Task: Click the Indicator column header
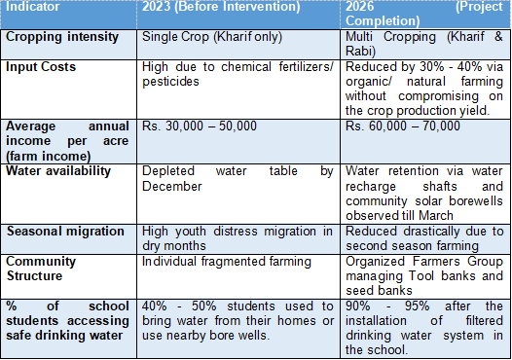33,7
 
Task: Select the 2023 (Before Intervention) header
221,7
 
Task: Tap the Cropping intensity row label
62,37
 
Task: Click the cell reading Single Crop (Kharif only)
212,37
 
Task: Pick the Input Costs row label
41,67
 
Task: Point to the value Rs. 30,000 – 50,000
200,126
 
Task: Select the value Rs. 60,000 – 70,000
403,126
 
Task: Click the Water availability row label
58,171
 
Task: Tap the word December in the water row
172,187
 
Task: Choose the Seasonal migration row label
65,232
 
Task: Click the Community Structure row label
41,269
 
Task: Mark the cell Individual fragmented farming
227,262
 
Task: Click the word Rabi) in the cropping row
360,52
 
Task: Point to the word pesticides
170,82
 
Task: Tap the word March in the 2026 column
436,216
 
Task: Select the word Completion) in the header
383,21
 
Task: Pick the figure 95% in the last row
417,306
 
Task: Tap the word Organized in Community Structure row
375,262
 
